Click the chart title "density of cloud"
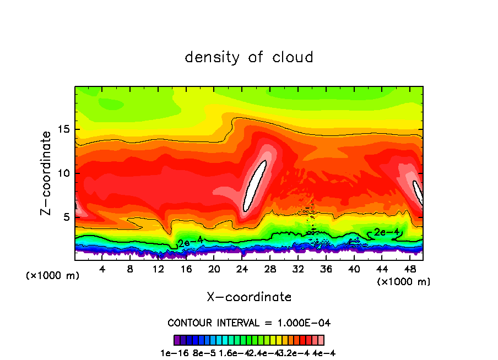pos(248,57)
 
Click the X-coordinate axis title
pos(249,297)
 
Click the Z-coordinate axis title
pos(47,173)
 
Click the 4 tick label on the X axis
pos(102,269)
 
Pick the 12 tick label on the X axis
pos(158,269)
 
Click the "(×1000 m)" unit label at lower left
pos(53,276)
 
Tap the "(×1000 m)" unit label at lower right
pos(404,282)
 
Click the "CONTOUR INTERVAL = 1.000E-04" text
pos(249,323)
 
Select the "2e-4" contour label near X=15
pos(190,241)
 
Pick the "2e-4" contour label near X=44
pos(386,232)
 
